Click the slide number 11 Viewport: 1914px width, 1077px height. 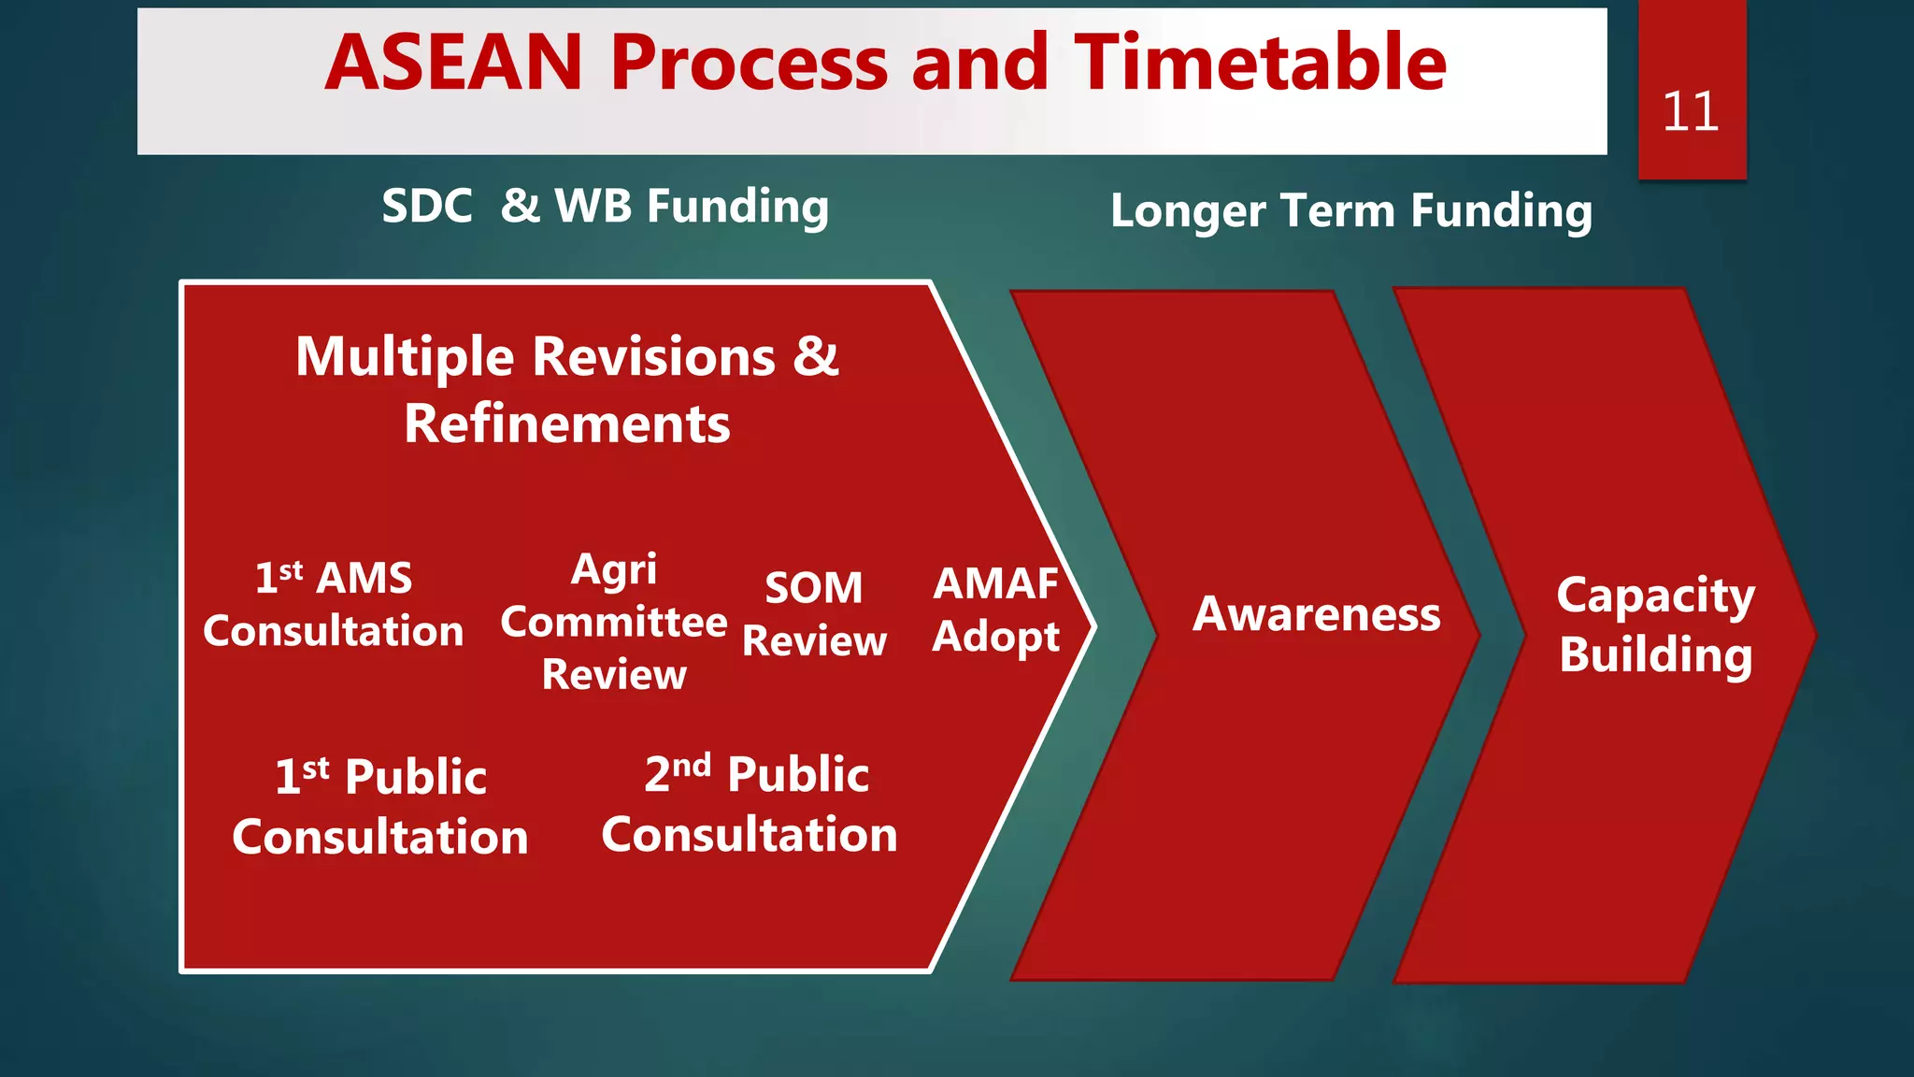pos(1690,112)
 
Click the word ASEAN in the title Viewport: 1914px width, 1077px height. pos(454,63)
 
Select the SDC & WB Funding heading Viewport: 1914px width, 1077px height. pos(605,207)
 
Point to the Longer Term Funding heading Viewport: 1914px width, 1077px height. pos(1350,211)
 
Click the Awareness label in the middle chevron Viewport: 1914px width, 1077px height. pos(1316,615)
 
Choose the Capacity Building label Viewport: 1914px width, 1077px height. pos(1655,625)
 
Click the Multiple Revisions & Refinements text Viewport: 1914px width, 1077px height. pos(567,390)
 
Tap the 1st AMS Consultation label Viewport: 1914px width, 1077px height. pos(334,605)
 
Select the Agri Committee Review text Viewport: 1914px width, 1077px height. pos(614,622)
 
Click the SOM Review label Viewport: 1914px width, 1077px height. pos(814,614)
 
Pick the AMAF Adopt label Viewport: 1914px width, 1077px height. pos(995,610)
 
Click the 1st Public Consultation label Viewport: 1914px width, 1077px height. pos(380,807)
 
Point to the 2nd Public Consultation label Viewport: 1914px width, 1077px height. pos(750,805)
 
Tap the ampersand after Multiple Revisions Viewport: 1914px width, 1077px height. pos(816,356)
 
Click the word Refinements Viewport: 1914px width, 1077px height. pos(567,424)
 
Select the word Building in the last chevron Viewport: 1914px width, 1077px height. pos(1655,654)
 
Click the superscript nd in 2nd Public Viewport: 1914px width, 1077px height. pos(692,766)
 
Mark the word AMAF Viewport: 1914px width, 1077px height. pos(995,583)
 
